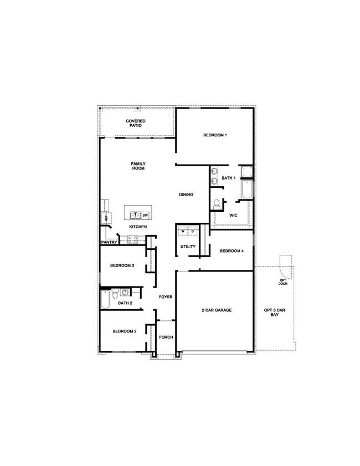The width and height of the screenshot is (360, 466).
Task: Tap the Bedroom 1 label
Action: tap(215, 135)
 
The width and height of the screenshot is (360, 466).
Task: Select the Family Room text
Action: tap(138, 166)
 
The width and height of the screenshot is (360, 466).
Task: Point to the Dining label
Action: tap(186, 194)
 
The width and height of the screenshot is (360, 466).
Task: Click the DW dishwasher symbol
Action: tap(145, 215)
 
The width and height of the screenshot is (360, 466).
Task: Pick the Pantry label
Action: tap(109, 242)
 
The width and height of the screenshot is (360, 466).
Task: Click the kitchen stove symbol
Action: tap(133, 239)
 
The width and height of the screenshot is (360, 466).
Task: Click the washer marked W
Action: tap(183, 231)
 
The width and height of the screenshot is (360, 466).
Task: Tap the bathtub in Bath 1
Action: tap(247, 190)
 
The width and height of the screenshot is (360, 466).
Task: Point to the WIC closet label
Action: tap(233, 214)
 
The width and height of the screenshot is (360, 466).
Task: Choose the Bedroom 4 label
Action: tap(231, 251)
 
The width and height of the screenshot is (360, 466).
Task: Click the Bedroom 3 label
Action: tap(122, 266)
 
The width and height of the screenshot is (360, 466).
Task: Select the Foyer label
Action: tap(166, 297)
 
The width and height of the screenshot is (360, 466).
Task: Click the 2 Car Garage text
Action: tap(217, 310)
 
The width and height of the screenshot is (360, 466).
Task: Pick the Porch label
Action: tap(166, 337)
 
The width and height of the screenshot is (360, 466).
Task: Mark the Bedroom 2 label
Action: tap(124, 331)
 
